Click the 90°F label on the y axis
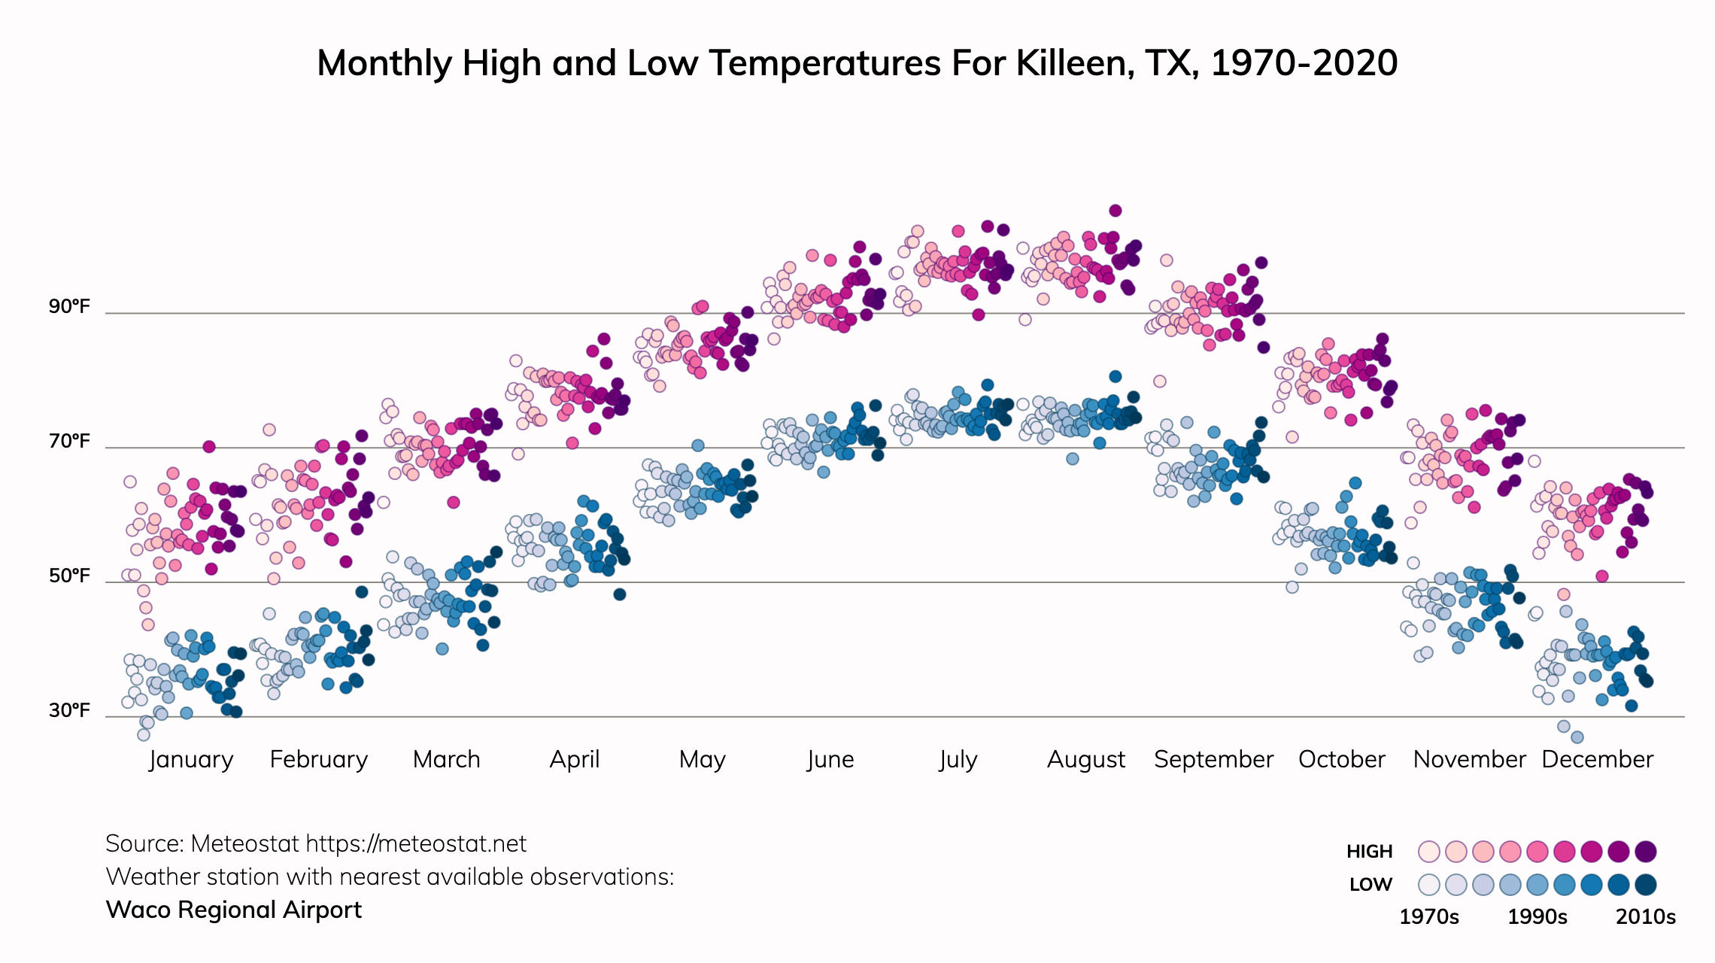tap(69, 306)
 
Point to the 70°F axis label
tap(69, 441)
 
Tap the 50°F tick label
tap(69, 576)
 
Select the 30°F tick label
tap(69, 710)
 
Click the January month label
tap(191, 759)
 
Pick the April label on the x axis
tap(575, 759)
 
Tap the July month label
tap(958, 759)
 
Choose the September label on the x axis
tap(1213, 759)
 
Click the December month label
tap(1597, 759)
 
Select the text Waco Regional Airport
tap(234, 910)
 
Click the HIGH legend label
tap(1369, 852)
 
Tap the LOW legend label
tap(1370, 885)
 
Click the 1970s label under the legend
tap(1429, 917)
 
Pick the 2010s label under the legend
tap(1646, 917)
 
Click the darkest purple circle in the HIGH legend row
tap(1646, 852)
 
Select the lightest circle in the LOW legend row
tap(1429, 885)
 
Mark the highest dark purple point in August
tap(1116, 211)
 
